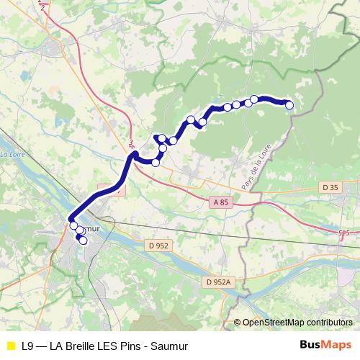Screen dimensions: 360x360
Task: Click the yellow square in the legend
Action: pyautogui.click(x=10, y=346)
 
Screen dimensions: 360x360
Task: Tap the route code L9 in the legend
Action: pyautogui.click(x=28, y=346)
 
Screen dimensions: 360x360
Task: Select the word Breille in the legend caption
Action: pyautogui.click(x=88, y=346)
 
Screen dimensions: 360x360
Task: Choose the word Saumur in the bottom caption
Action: pyautogui.click(x=171, y=346)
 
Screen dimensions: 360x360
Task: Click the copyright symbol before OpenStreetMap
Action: pyautogui.click(x=238, y=322)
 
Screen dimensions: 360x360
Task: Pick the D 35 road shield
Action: pyautogui.click(x=330, y=187)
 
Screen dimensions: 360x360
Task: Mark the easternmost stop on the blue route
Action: pyautogui.click(x=290, y=105)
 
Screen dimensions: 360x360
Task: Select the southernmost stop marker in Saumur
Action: pyautogui.click(x=83, y=240)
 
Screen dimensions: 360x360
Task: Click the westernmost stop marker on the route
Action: pyautogui.click(x=73, y=226)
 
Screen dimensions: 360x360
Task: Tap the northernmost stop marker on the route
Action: pyautogui.click(x=254, y=99)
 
